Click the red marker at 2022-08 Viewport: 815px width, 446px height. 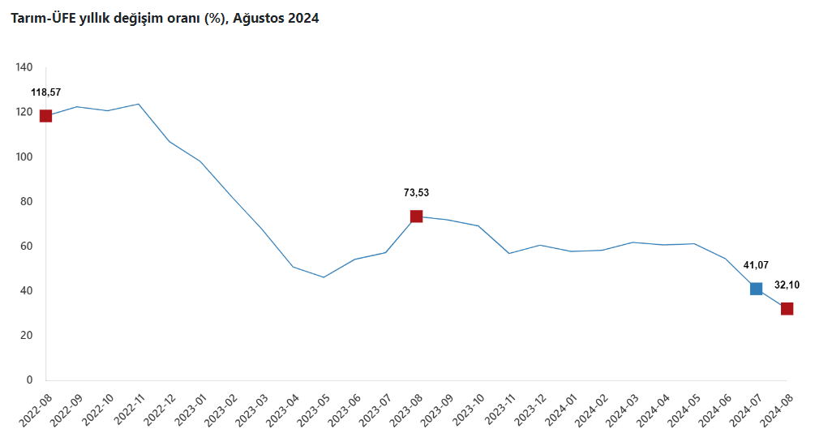pyautogui.click(x=45, y=116)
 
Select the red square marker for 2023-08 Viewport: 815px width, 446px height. pyautogui.click(x=416, y=217)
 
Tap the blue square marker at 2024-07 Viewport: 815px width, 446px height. pyautogui.click(x=756, y=289)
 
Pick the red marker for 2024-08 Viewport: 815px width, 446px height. pyautogui.click(x=787, y=309)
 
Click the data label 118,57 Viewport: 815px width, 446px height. pyautogui.click(x=45, y=92)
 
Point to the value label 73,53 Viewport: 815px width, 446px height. pyautogui.click(x=416, y=193)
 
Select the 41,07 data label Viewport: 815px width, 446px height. pyautogui.click(x=756, y=265)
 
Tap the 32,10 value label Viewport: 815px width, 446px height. pyautogui.click(x=787, y=285)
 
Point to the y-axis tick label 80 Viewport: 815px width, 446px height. pyautogui.click(x=27, y=201)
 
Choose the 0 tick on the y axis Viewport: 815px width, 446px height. pyautogui.click(x=29, y=380)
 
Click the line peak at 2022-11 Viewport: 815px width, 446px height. pyautogui.click(x=138, y=104)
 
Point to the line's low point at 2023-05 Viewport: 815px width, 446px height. pyautogui.click(x=324, y=277)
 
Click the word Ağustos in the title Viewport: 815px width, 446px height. pyautogui.click(x=259, y=18)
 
